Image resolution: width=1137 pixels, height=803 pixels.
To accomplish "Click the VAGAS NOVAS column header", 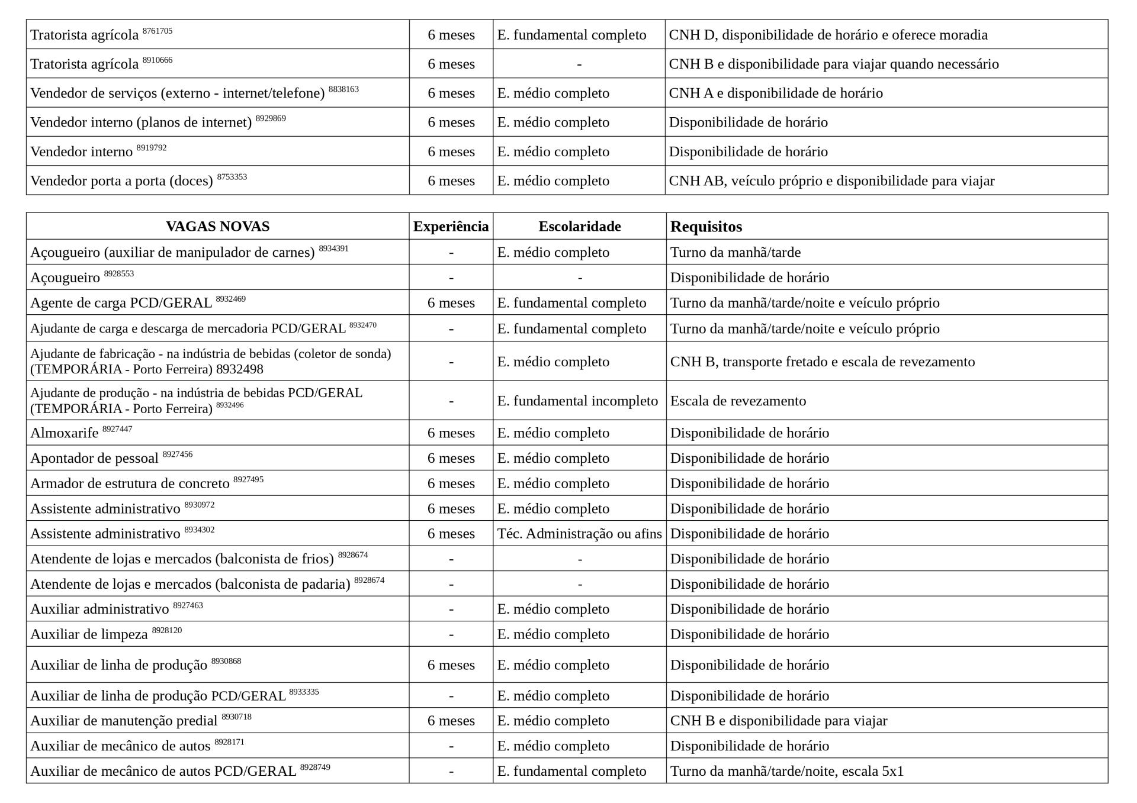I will coord(217,227).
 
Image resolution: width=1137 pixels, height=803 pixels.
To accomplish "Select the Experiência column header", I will coord(451,227).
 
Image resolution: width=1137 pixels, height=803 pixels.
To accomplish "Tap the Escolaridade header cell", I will coord(579,227).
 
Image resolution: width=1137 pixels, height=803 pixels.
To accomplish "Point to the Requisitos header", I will coord(706,227).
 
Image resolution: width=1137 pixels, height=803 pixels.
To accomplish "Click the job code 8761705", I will coord(158,31).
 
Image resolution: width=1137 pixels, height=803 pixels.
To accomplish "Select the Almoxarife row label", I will coord(65,433).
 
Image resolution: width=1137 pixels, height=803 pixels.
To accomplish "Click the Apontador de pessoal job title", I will coord(94,459).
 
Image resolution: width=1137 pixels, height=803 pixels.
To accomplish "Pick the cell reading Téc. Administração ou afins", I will coord(579,534).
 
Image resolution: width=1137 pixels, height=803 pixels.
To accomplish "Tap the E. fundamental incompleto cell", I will coord(577,401).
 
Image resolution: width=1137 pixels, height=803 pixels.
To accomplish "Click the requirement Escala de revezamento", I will coord(738,401).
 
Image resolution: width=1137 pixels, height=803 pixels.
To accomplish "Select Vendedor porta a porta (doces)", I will coord(121,181).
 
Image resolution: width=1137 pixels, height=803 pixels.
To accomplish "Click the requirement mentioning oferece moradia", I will coord(828,35).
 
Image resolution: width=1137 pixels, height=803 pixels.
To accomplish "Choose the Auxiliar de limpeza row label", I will coord(89,634).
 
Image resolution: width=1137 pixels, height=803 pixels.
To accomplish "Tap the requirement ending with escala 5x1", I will coord(786,772).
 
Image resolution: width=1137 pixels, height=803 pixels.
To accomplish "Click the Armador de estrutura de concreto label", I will coord(130,483).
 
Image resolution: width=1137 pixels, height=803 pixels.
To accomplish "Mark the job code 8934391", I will coord(333,249).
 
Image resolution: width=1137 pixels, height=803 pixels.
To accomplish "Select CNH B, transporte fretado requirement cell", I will coord(822,362).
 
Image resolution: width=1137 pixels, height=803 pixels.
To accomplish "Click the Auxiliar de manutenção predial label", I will coord(124,721).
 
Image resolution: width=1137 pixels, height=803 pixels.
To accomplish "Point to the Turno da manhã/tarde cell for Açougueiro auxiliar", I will coord(735,253).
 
